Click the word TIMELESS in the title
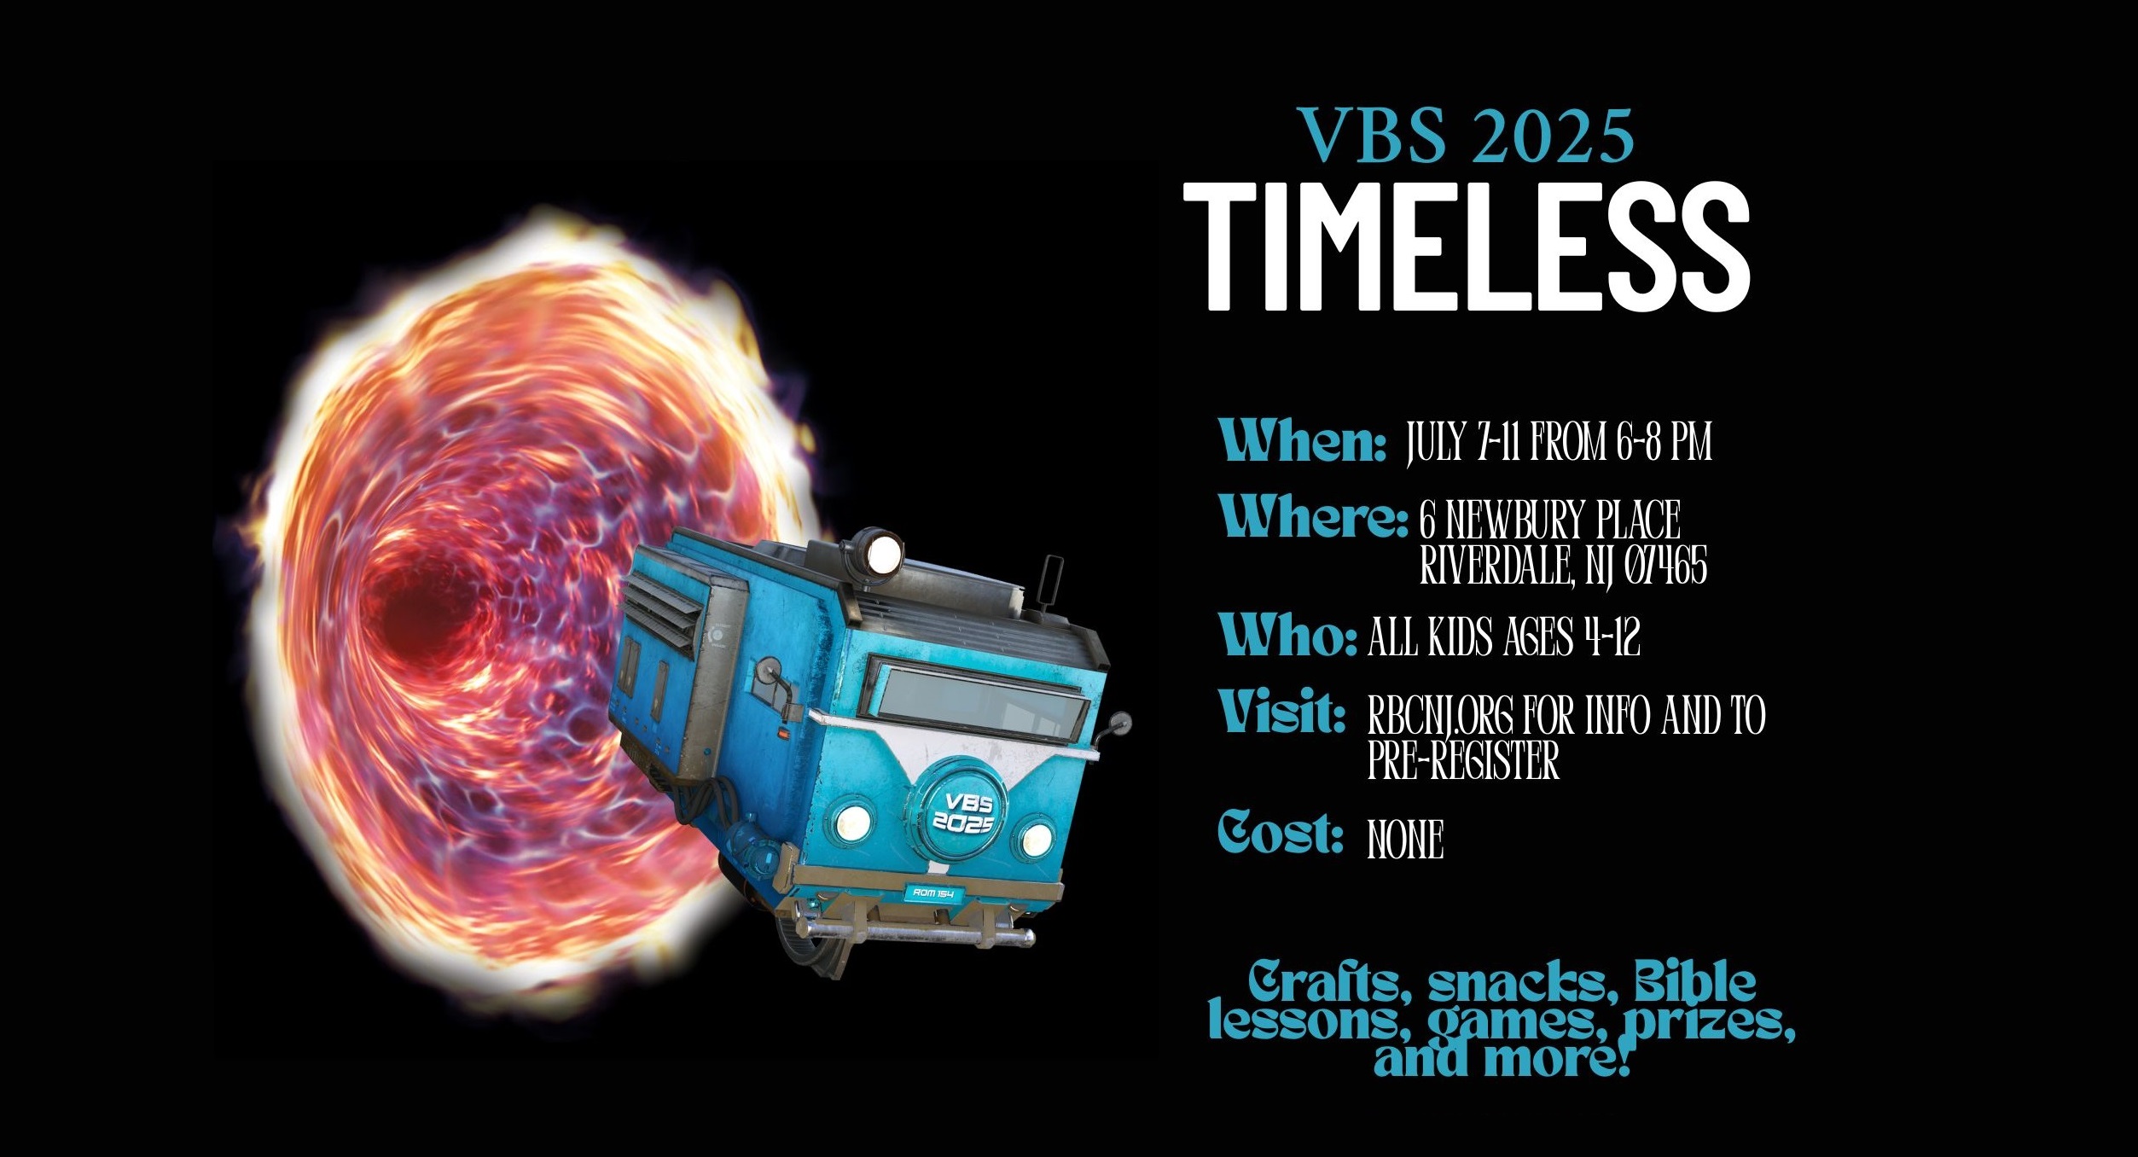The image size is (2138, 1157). (x=1467, y=246)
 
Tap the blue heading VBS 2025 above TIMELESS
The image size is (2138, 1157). (x=1466, y=136)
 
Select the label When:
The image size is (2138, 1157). (x=1303, y=440)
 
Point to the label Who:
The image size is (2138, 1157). (x=1288, y=635)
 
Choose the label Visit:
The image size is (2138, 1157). (x=1282, y=712)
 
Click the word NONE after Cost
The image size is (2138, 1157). (x=1405, y=840)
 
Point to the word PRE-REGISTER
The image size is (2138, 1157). (x=1463, y=760)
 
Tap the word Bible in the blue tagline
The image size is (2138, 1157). (x=1694, y=982)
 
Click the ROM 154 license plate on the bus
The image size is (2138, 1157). (x=932, y=893)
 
